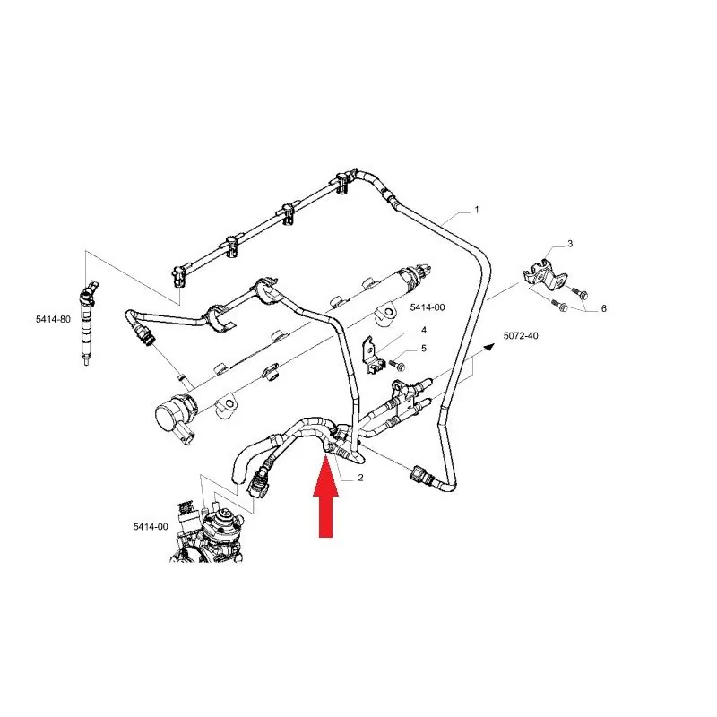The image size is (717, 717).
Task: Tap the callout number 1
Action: (477, 210)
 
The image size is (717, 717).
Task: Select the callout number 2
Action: (361, 478)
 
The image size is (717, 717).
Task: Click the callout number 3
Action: (570, 244)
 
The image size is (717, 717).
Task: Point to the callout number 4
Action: (424, 330)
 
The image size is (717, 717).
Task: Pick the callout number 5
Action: (423, 349)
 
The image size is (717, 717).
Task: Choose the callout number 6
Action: (603, 308)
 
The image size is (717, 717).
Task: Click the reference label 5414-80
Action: (54, 319)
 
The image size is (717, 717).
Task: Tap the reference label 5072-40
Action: (521, 335)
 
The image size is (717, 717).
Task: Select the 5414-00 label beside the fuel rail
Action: (428, 307)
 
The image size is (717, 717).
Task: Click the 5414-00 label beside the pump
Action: (151, 526)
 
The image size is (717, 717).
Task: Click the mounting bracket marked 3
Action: (545, 274)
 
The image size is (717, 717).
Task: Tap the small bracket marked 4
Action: (372, 357)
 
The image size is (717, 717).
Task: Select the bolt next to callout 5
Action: (397, 365)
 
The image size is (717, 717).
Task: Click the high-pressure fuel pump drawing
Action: (208, 531)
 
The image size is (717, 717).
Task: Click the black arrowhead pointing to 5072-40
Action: (489, 347)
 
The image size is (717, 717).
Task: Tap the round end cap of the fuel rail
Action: (168, 414)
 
